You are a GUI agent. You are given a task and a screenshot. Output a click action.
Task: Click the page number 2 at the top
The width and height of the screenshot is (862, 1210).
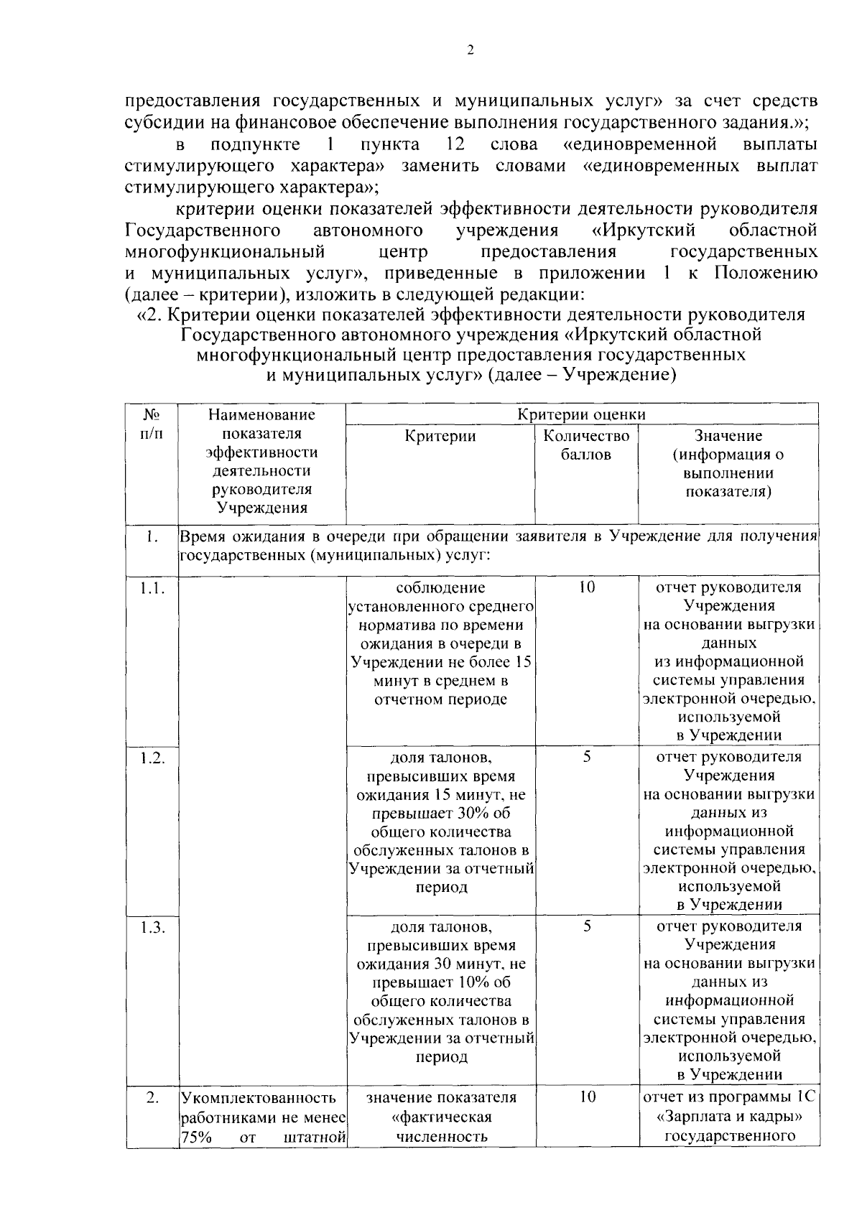[471, 50]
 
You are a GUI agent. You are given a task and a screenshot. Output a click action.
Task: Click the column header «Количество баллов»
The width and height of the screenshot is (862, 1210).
[586, 445]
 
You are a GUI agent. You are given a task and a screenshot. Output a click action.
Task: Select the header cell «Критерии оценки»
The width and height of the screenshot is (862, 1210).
[582, 414]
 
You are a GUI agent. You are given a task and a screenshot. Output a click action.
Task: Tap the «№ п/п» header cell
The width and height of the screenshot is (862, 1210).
[152, 424]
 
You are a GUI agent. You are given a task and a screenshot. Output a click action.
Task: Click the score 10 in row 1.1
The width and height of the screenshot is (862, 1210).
[586, 587]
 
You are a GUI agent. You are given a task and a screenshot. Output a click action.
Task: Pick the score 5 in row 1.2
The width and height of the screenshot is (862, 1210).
[586, 757]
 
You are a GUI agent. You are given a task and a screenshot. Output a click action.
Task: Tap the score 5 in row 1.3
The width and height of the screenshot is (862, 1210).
[586, 926]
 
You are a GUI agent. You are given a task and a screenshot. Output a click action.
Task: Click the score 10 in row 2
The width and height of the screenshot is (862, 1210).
[586, 1097]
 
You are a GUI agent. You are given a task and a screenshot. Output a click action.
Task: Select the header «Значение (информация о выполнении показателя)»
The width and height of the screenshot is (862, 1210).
[728, 464]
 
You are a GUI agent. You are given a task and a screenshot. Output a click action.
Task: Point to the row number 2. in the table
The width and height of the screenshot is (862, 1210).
[152, 1098]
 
